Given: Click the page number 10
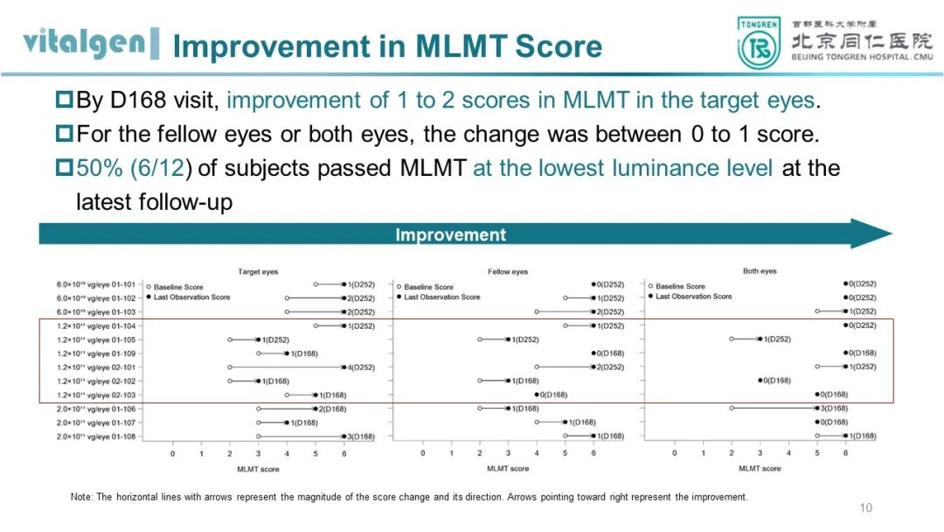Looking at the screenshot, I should [x=866, y=508].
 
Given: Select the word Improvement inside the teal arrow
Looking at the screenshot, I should [x=450, y=234].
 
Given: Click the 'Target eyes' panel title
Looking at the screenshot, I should [x=258, y=272].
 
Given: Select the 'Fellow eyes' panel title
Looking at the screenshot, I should [x=508, y=272].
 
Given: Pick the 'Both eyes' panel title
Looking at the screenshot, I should [x=760, y=271].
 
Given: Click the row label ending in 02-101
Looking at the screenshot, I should [x=96, y=367].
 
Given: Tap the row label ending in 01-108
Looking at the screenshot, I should [x=96, y=436].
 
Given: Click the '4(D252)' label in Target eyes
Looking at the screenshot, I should [x=361, y=367].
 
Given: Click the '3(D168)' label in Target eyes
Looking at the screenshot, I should [x=361, y=437].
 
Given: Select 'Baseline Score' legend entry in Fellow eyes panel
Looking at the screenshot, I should [x=428, y=287].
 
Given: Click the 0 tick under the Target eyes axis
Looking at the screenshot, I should [x=172, y=453].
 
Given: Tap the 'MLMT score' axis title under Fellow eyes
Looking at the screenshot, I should [x=508, y=469].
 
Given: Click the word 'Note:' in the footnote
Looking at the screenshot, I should [x=81, y=497].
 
